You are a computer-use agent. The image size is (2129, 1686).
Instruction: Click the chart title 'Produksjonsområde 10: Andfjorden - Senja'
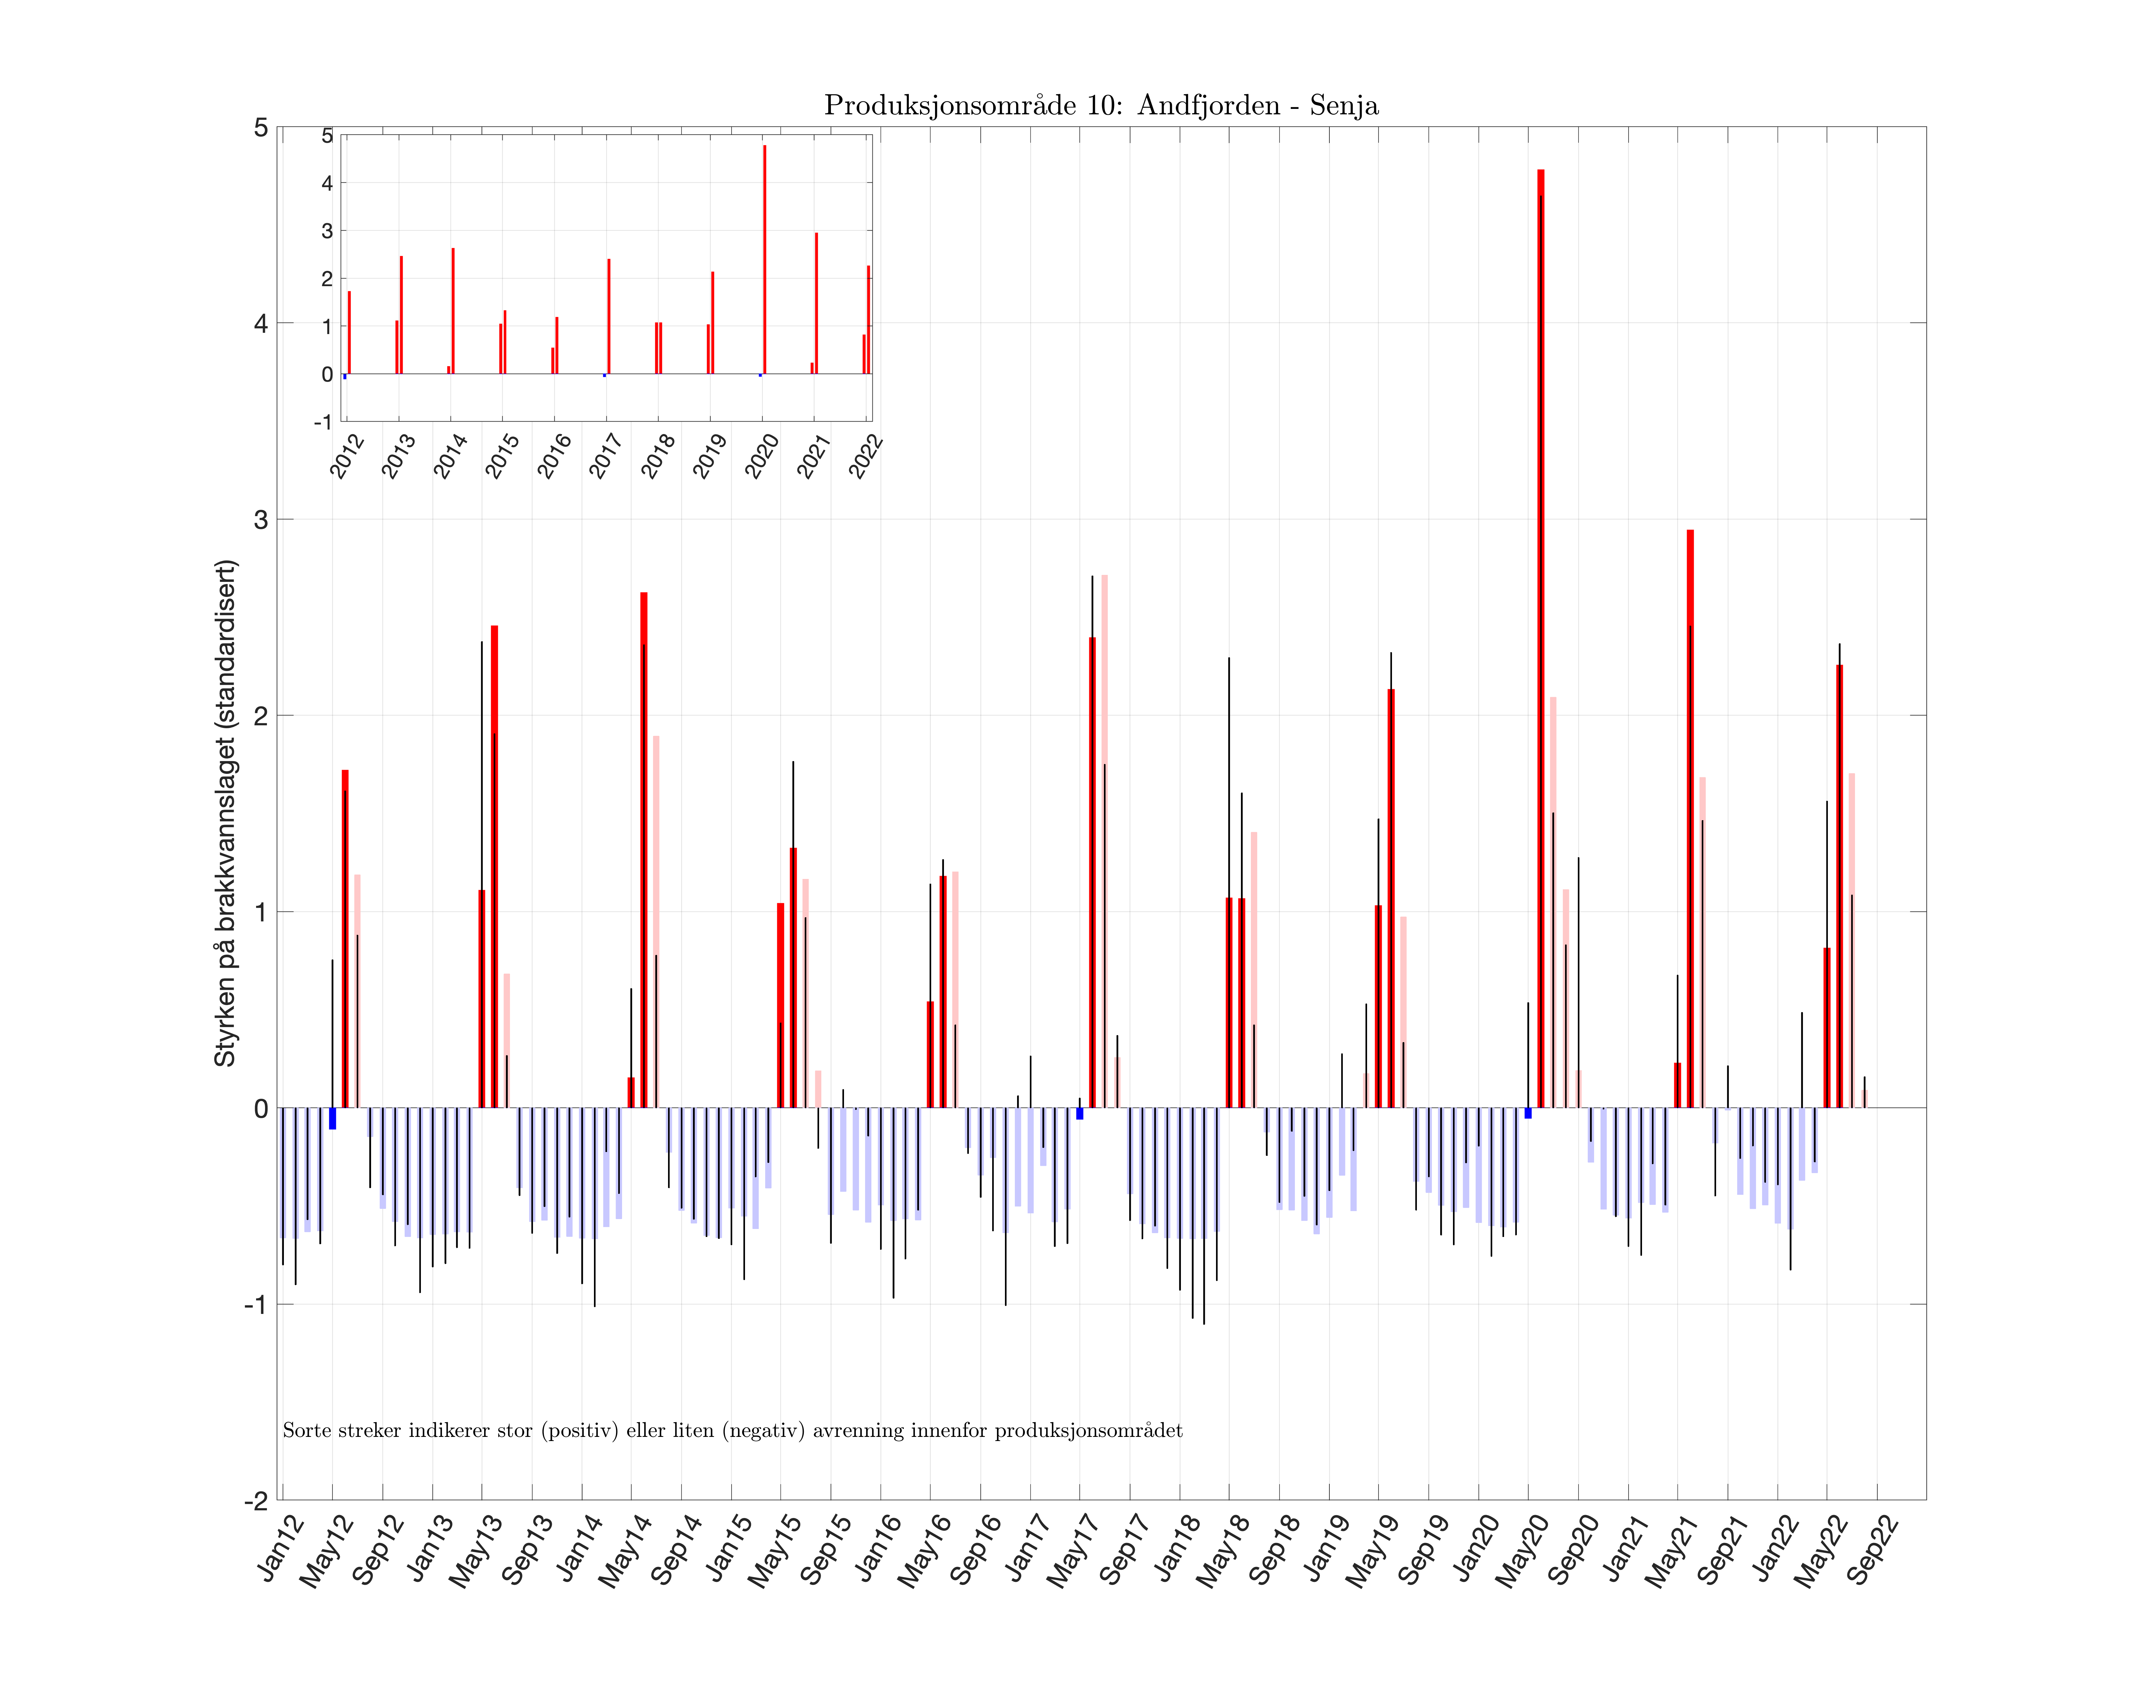coord(1100,106)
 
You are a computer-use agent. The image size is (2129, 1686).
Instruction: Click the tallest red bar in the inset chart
coord(764,259)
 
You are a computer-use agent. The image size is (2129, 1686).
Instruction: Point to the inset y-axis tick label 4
coord(327,184)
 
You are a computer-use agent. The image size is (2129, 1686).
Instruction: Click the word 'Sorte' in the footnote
coord(305,1430)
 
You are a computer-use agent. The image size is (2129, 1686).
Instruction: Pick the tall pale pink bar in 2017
coord(1105,839)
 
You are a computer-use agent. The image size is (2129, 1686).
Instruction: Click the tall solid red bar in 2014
coord(643,849)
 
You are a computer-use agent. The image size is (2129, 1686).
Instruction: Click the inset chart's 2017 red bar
coord(609,316)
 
